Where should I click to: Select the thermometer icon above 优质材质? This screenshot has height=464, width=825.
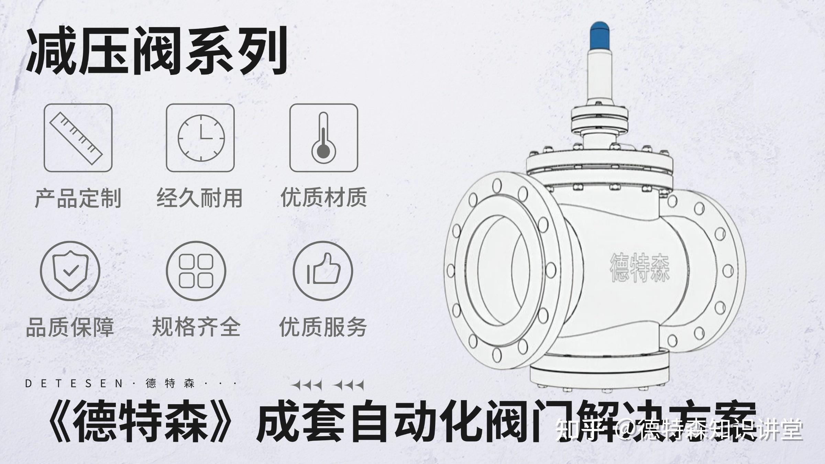tap(323, 138)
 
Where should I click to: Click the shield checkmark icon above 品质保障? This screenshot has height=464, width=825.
tap(70, 271)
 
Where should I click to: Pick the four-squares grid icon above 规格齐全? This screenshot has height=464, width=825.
tap(196, 271)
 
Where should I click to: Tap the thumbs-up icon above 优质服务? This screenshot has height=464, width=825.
tap(323, 271)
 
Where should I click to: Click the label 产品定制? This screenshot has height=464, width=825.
tap(78, 198)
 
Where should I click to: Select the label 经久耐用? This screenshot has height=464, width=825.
tap(200, 198)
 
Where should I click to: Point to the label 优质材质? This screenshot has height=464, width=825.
tap(324, 197)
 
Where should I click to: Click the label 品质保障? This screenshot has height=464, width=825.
tap(70, 327)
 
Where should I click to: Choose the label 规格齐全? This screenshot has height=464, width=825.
tap(196, 327)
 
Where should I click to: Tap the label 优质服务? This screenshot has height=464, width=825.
tap(323, 327)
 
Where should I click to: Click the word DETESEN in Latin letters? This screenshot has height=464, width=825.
tap(74, 383)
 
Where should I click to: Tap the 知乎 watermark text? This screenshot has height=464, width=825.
tap(578, 429)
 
